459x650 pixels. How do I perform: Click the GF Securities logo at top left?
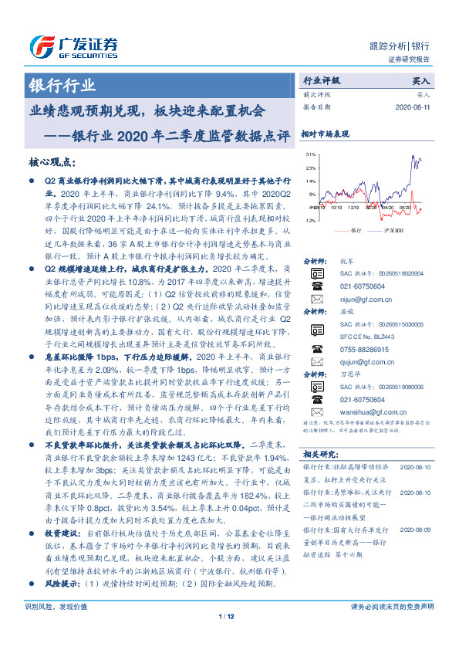tap(73, 44)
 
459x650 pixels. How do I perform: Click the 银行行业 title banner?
tap(62, 86)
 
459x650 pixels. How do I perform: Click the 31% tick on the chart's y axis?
tap(311, 154)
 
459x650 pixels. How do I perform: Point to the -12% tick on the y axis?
tap(310, 220)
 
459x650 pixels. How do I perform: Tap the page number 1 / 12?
tap(226, 638)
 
